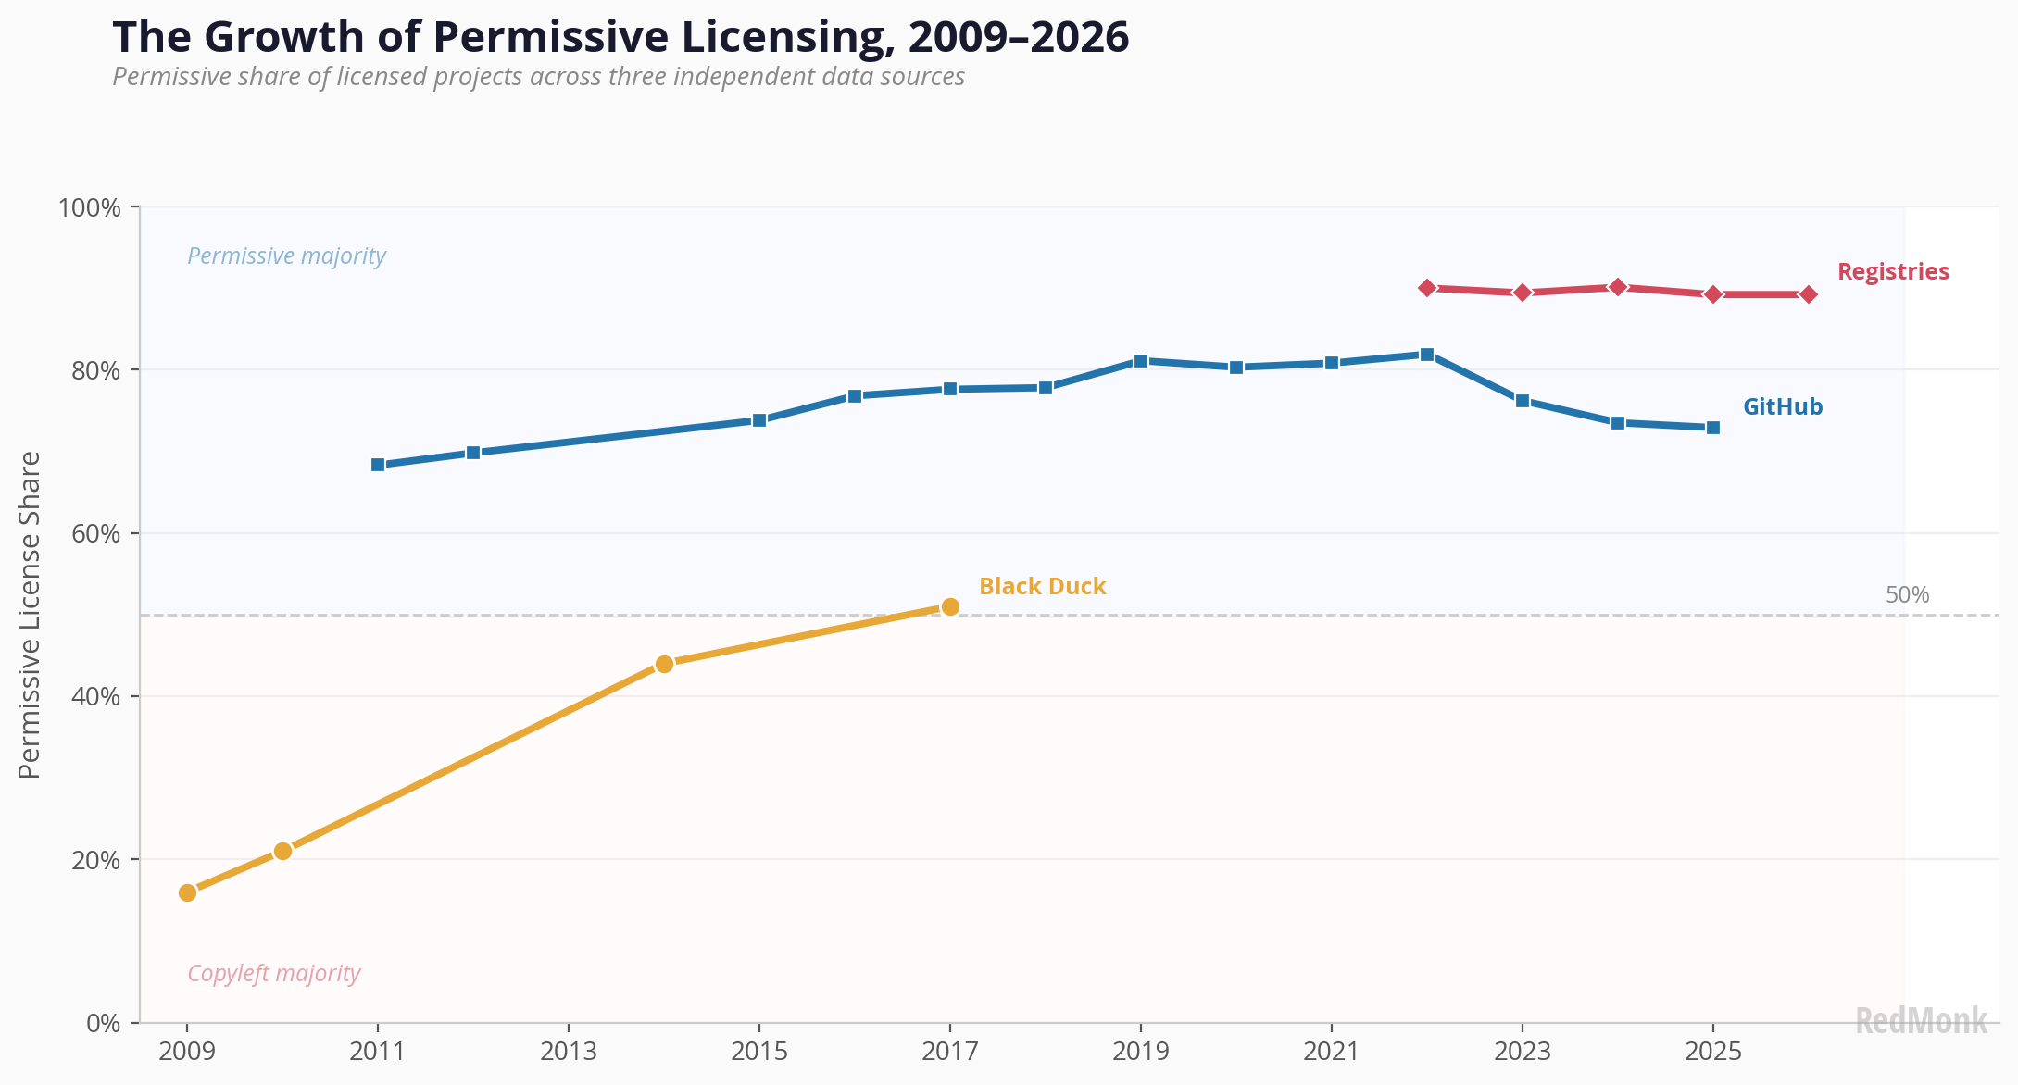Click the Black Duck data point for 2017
coord(949,606)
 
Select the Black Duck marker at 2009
coord(187,892)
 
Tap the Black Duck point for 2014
coord(664,664)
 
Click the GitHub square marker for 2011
coord(378,465)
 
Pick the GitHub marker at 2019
coord(1141,361)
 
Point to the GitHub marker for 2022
coord(1427,355)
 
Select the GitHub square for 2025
coord(1713,428)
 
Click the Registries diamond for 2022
coord(1427,288)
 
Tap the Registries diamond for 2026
coord(1809,294)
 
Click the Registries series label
coord(1893,271)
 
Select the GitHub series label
coord(1783,407)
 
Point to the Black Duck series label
coord(1043,586)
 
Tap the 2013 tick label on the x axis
coord(569,1052)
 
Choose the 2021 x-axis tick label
coord(1332,1052)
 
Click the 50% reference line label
coord(1908,595)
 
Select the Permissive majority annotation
coord(287,256)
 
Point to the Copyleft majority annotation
coord(274,973)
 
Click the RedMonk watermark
coord(1922,1021)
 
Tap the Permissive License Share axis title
coord(30,615)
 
